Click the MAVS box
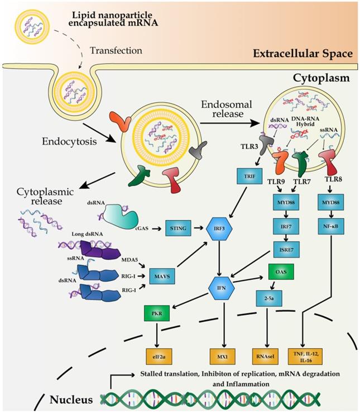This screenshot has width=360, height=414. pyautogui.click(x=161, y=274)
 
